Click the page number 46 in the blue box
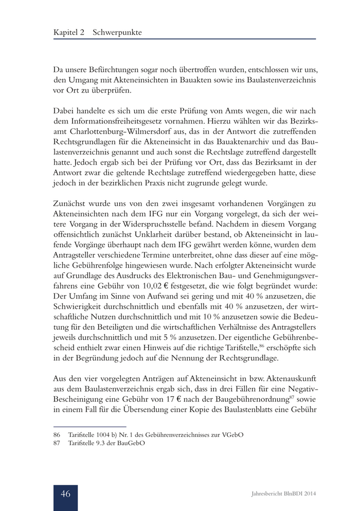coord(66,494)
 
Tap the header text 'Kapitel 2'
coord(70,32)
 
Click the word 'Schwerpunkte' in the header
coord(117,32)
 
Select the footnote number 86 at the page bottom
coord(57,435)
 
